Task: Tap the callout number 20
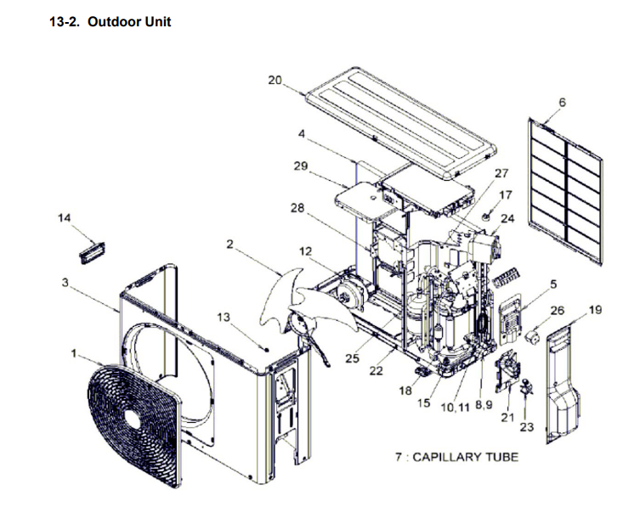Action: pyautogui.click(x=275, y=80)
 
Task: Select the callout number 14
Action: pyautogui.click(x=65, y=218)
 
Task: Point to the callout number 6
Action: pyautogui.click(x=562, y=103)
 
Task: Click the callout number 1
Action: pyautogui.click(x=74, y=351)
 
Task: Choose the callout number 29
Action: pyautogui.click(x=301, y=166)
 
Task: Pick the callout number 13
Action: pyautogui.click(x=224, y=317)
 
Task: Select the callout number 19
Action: pyautogui.click(x=595, y=310)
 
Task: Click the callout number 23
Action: pyautogui.click(x=526, y=427)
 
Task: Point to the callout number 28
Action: pyautogui.click(x=297, y=208)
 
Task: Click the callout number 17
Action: pyautogui.click(x=506, y=195)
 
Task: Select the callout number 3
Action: pyautogui.click(x=65, y=283)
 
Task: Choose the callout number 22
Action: pyautogui.click(x=376, y=370)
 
